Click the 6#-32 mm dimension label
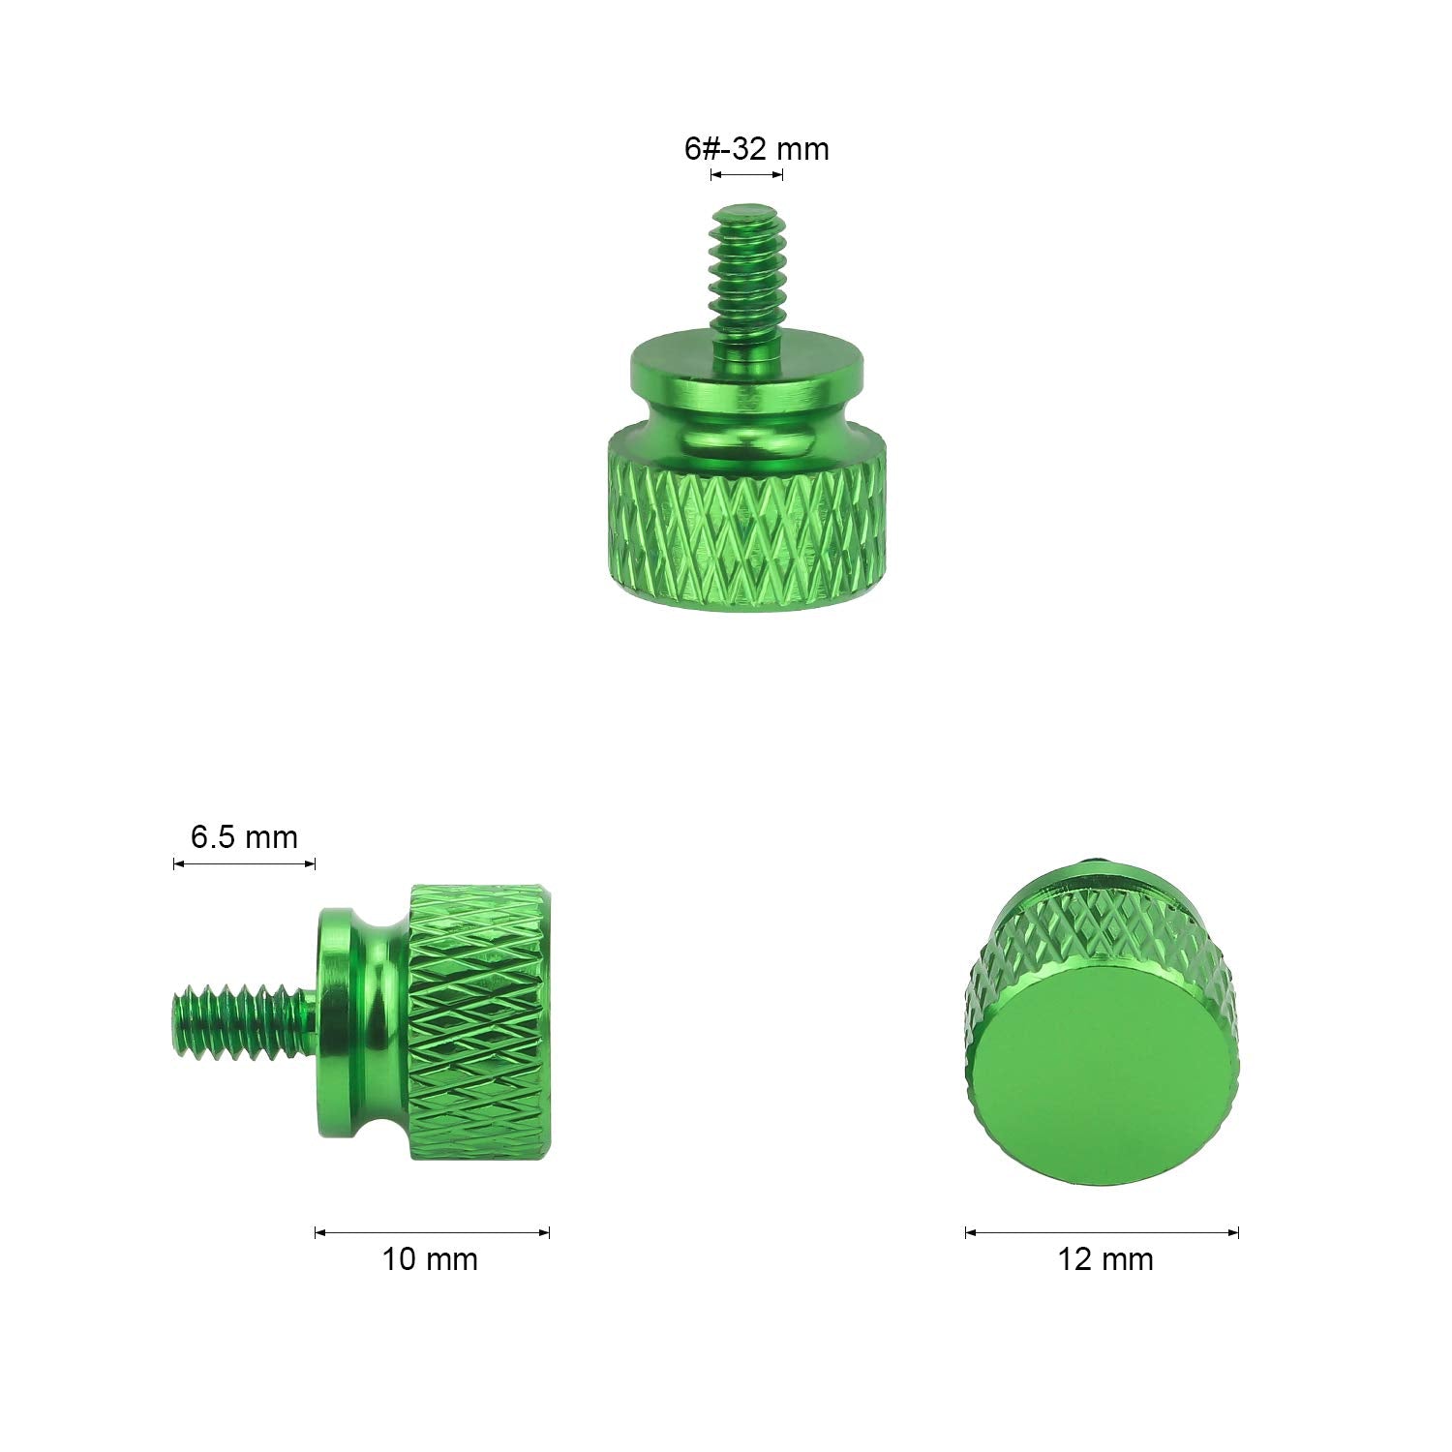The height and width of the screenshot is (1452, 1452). point(756,149)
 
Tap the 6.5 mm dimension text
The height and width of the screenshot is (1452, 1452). point(244,836)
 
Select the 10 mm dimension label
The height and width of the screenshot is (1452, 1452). point(430,1259)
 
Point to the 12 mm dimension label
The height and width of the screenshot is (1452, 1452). point(1104,1259)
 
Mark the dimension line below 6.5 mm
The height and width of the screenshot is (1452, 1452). point(244,863)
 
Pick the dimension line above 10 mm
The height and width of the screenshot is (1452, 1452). point(432,1232)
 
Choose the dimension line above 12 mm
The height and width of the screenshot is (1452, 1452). point(1102,1232)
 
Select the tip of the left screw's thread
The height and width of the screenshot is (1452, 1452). point(181,1020)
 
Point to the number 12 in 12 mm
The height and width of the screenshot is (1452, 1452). point(1076,1259)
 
